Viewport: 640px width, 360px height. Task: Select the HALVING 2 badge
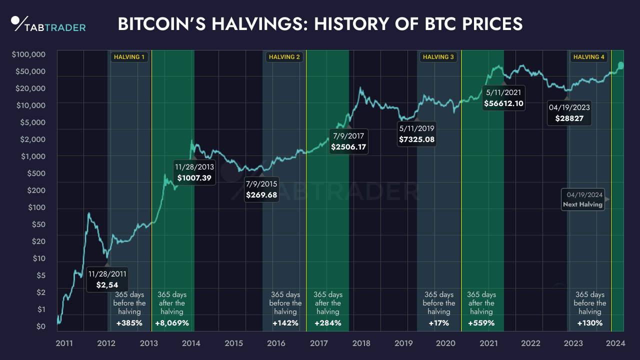284,57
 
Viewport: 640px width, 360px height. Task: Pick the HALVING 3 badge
438,57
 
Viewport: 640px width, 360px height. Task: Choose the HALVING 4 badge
589,57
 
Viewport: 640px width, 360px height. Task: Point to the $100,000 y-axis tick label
28,54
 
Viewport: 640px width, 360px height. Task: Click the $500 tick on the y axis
36,173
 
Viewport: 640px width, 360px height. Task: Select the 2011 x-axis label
64,343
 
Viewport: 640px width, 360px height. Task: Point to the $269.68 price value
261,195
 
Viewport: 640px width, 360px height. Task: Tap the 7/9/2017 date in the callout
348,135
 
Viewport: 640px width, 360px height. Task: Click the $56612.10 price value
504,104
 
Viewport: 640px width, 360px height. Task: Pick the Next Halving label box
582,199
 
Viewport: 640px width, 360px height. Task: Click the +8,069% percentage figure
172,323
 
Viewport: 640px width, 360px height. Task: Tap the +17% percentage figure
438,323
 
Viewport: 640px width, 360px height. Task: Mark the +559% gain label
481,323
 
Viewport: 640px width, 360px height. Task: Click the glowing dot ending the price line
620,65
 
